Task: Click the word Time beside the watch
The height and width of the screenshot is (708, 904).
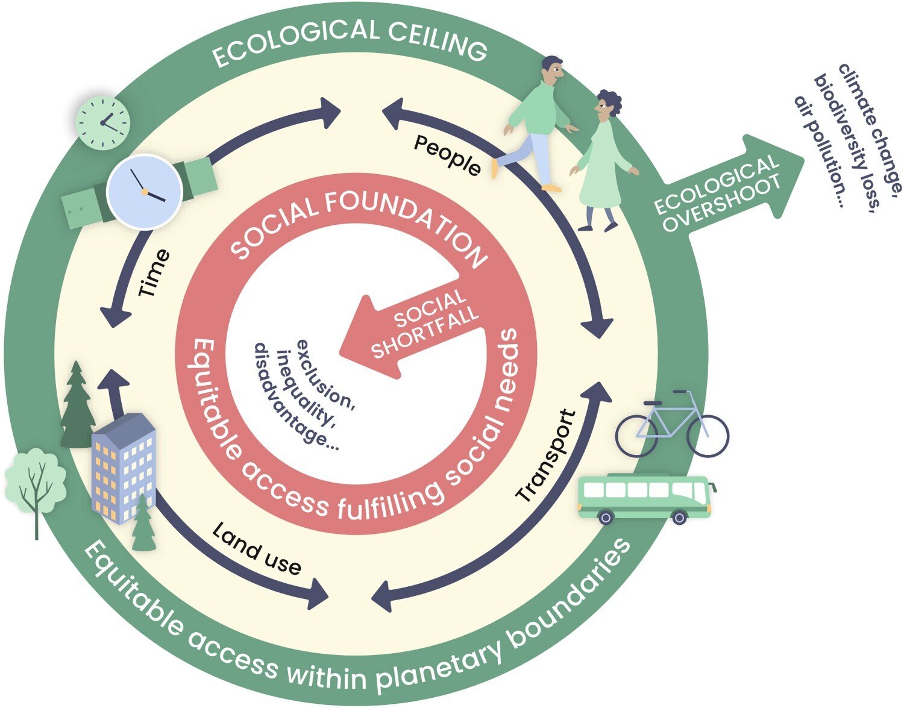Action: (x=155, y=274)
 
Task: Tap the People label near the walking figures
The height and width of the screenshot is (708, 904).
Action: (x=447, y=155)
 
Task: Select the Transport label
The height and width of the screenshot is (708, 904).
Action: (x=546, y=456)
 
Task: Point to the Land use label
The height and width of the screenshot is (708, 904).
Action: (x=257, y=549)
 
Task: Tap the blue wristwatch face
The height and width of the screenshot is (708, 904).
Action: (x=145, y=191)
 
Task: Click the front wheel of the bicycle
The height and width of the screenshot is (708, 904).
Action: (x=706, y=435)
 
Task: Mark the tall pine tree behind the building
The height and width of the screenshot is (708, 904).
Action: (x=77, y=404)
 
